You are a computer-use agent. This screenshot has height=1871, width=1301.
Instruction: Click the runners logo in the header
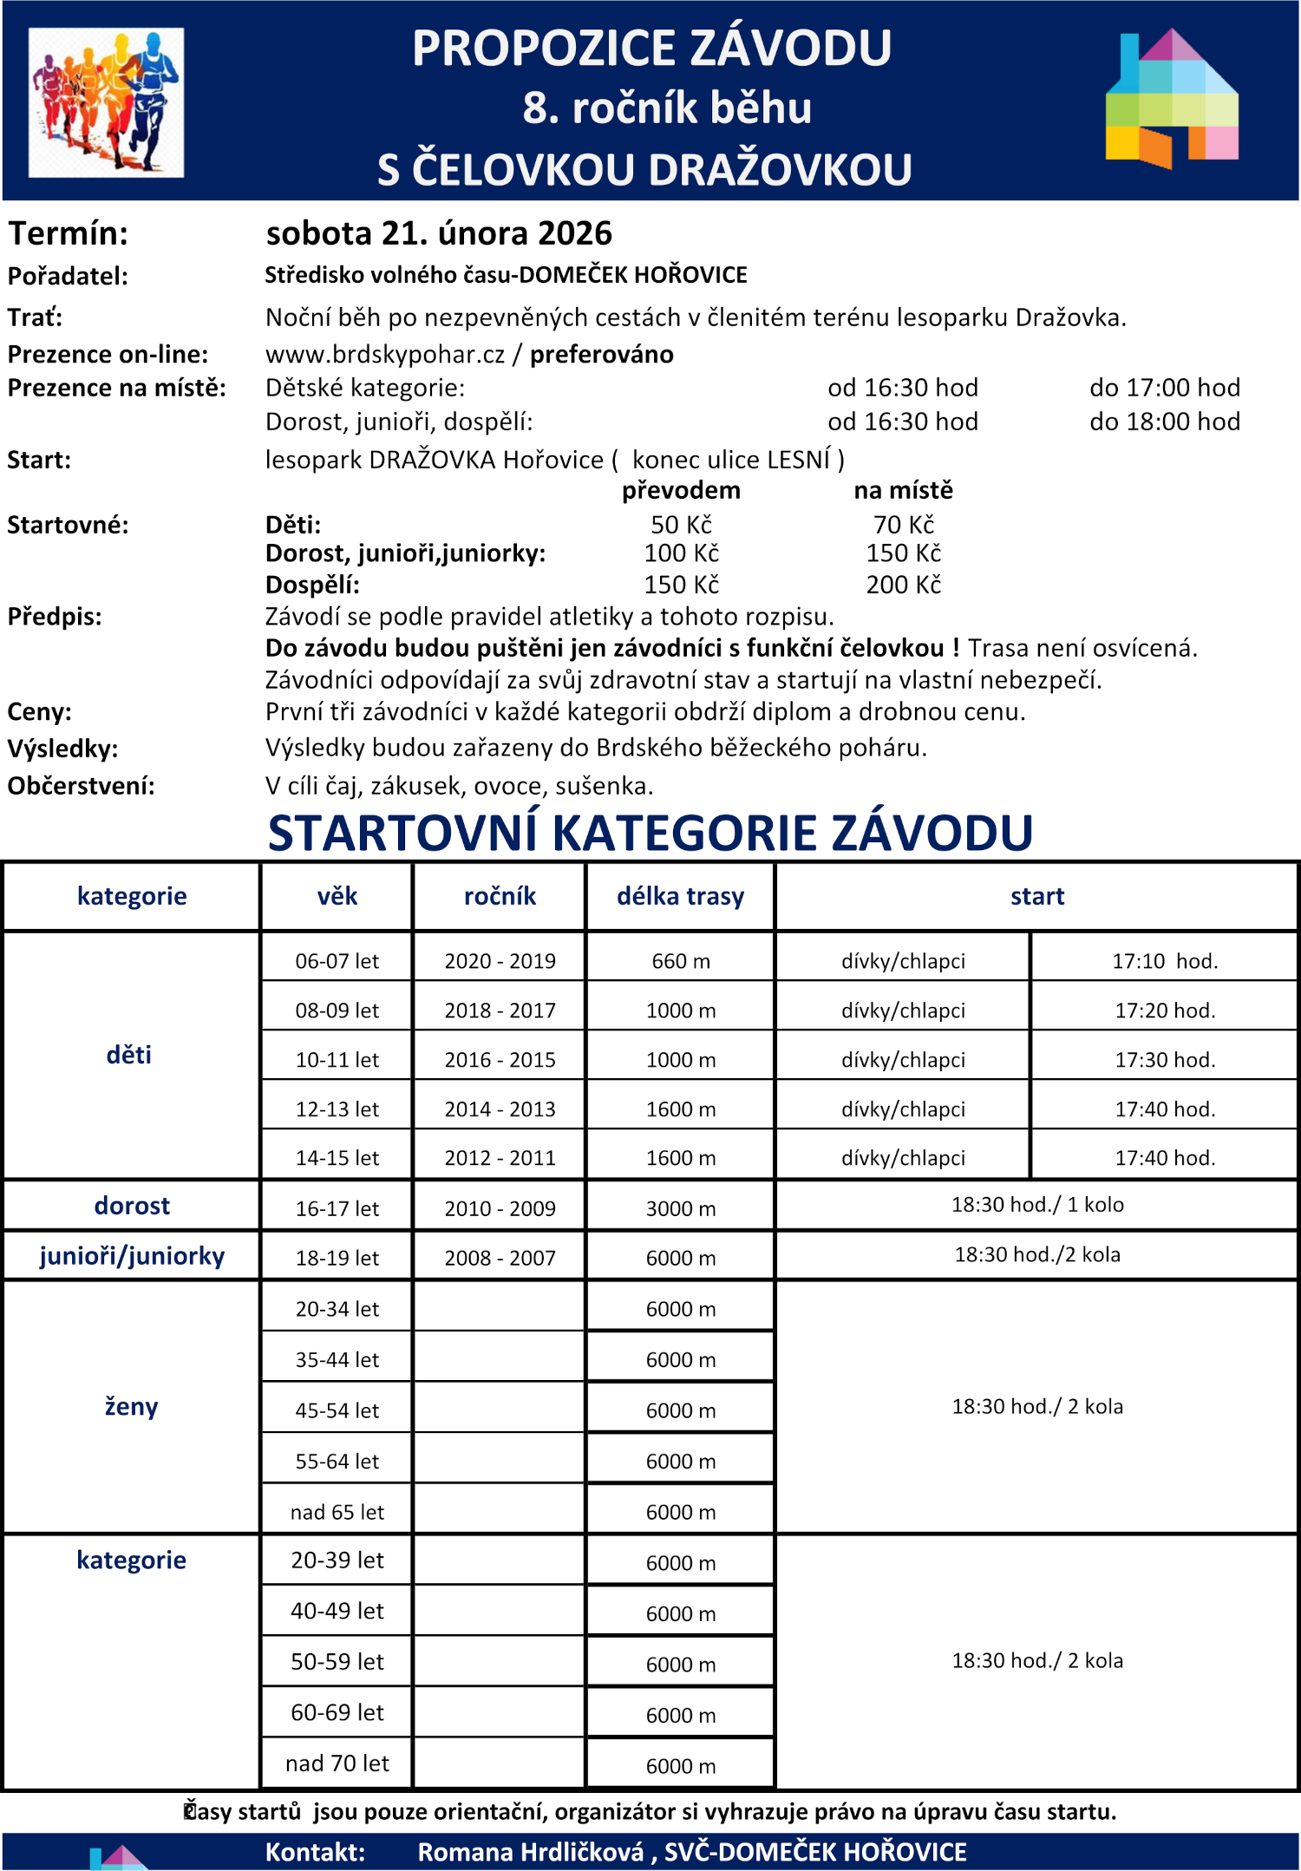[x=106, y=102]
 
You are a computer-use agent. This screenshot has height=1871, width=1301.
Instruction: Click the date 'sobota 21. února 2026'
[x=439, y=233]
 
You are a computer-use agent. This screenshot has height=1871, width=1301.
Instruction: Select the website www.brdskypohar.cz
[x=384, y=354]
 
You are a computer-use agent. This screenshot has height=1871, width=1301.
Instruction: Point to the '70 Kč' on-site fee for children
[x=903, y=525]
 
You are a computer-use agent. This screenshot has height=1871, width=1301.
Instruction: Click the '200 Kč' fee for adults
[x=903, y=585]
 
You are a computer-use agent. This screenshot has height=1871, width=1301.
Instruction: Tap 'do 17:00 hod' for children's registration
[x=1164, y=388]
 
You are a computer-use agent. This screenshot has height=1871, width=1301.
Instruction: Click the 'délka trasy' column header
[x=680, y=896]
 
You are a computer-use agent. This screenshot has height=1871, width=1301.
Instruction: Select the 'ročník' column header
[x=500, y=896]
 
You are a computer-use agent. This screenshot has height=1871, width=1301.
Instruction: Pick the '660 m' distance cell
[x=681, y=961]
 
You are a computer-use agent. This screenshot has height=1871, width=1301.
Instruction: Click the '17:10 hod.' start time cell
[x=1164, y=961]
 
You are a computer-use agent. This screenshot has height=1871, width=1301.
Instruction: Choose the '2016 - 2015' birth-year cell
[x=500, y=1060]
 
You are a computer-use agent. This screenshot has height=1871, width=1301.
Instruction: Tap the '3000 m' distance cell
[x=681, y=1208]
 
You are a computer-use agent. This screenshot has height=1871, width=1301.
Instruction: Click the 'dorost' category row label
[x=132, y=1206]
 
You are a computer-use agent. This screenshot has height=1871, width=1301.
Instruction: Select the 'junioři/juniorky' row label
[x=132, y=1256]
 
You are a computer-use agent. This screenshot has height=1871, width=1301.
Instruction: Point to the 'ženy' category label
[x=132, y=1406]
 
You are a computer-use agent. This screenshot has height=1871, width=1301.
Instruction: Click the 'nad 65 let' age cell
[x=337, y=1512]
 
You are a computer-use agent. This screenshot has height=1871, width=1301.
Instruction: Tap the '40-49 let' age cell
[x=337, y=1611]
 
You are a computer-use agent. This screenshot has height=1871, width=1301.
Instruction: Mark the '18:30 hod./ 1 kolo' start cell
[x=1036, y=1205]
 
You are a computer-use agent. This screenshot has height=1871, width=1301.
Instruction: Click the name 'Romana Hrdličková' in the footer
[x=531, y=1852]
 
